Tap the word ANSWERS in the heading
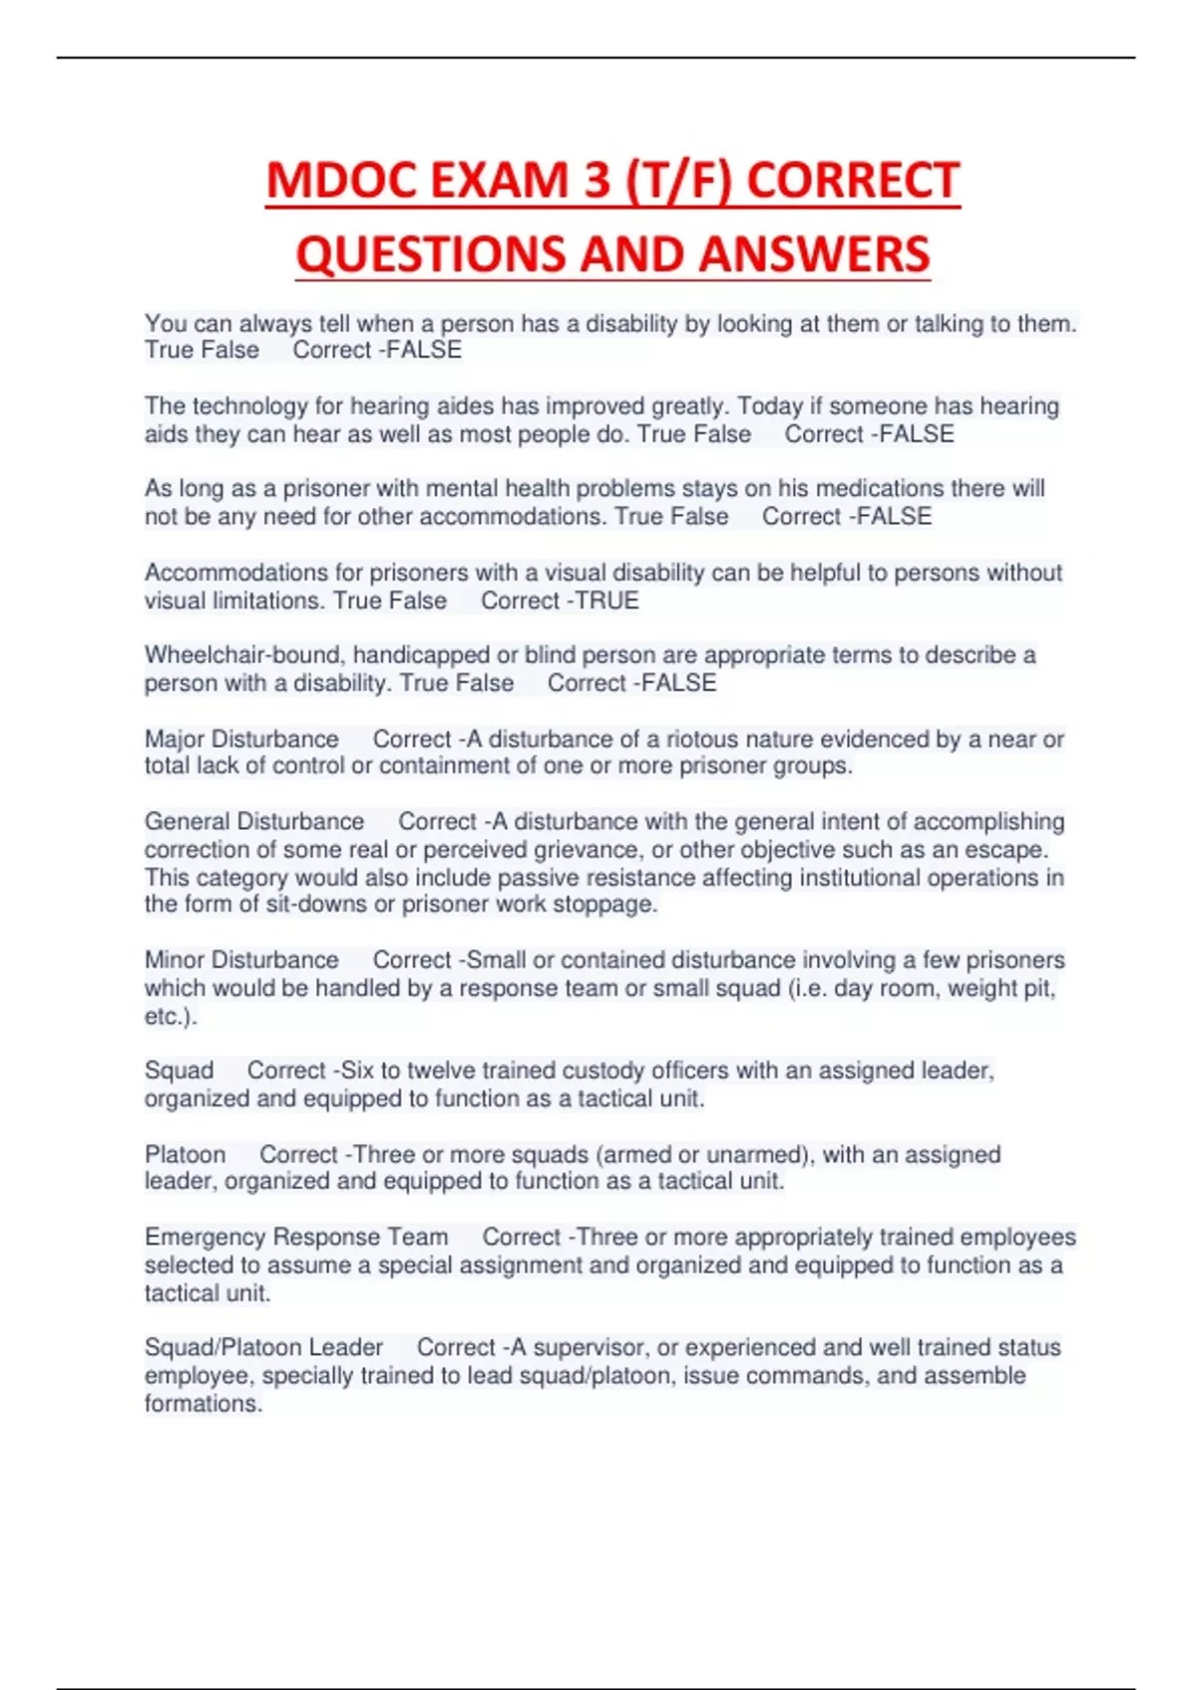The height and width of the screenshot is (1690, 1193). (814, 254)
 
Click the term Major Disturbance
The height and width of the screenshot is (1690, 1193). (242, 739)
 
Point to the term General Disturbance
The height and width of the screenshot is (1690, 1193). (255, 821)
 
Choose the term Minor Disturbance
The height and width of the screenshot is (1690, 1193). (242, 959)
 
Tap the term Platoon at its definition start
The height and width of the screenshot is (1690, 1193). (185, 1154)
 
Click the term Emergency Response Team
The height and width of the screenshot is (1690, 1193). (296, 1237)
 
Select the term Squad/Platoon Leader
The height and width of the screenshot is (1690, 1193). (263, 1347)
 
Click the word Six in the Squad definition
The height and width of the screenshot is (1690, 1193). (357, 1071)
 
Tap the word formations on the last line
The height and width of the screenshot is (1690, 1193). (203, 1404)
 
